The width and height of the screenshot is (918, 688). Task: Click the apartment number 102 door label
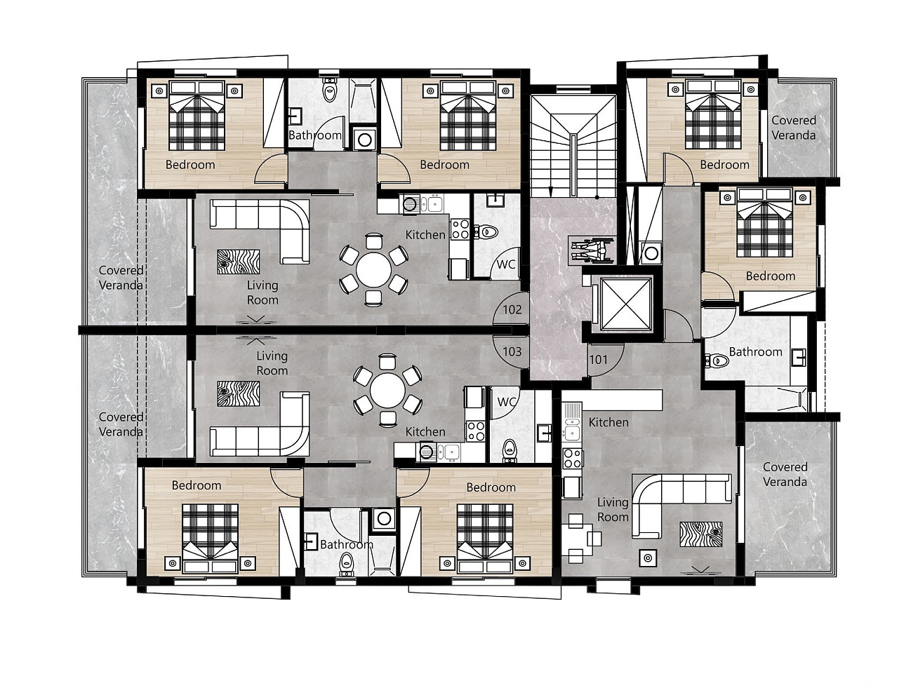(512, 309)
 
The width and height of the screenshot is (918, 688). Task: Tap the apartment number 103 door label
(512, 351)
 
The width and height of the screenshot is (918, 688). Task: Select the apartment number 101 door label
(599, 359)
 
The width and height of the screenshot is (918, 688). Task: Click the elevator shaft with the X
(626, 303)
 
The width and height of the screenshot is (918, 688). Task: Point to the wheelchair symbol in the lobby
(592, 250)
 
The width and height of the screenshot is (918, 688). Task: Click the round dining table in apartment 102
(373, 270)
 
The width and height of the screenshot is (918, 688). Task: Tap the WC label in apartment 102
(506, 264)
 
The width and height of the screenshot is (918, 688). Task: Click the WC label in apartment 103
(506, 402)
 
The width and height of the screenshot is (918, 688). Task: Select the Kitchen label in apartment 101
(608, 422)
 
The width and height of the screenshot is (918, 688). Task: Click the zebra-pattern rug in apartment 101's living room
(701, 534)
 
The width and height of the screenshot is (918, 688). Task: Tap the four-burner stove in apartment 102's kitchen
(460, 229)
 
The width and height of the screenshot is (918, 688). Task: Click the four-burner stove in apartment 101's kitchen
(573, 458)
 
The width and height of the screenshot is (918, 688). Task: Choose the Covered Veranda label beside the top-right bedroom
(794, 128)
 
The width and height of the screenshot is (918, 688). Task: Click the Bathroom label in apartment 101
(755, 352)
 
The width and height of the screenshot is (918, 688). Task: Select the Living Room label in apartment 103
(272, 363)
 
